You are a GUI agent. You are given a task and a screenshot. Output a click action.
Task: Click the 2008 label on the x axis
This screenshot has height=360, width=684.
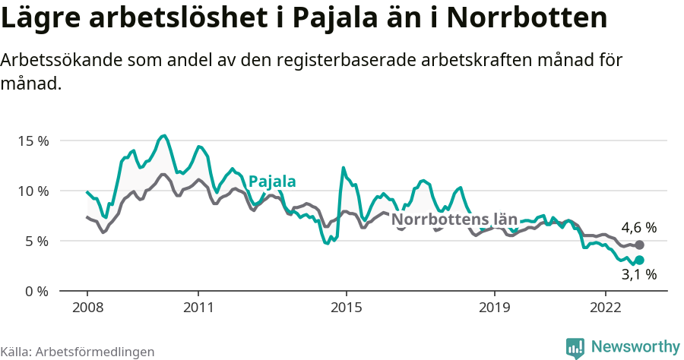tap(87, 308)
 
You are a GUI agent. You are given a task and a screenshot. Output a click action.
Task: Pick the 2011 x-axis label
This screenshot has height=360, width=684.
tap(198, 308)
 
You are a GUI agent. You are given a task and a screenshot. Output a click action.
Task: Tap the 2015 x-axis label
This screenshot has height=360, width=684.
tap(346, 308)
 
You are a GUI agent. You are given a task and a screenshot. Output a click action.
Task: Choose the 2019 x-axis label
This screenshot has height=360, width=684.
tap(495, 308)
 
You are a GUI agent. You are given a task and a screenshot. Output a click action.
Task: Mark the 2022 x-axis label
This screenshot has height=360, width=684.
tap(606, 308)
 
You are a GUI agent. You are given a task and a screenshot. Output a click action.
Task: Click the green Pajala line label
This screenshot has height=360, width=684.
tap(272, 181)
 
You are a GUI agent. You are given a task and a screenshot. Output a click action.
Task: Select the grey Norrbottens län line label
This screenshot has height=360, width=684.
tap(454, 220)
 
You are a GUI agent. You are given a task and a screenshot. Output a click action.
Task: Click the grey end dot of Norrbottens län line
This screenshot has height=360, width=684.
tap(639, 245)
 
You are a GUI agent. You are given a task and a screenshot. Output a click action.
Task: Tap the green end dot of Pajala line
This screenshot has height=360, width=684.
tap(639, 260)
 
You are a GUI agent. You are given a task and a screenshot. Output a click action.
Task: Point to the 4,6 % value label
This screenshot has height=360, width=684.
tap(638, 227)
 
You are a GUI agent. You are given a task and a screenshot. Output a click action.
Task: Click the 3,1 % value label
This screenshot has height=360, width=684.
tap(638, 275)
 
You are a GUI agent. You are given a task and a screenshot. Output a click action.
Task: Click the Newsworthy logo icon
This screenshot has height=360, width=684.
tap(575, 348)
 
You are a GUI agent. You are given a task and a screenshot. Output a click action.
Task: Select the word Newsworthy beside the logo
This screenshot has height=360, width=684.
tap(635, 347)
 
